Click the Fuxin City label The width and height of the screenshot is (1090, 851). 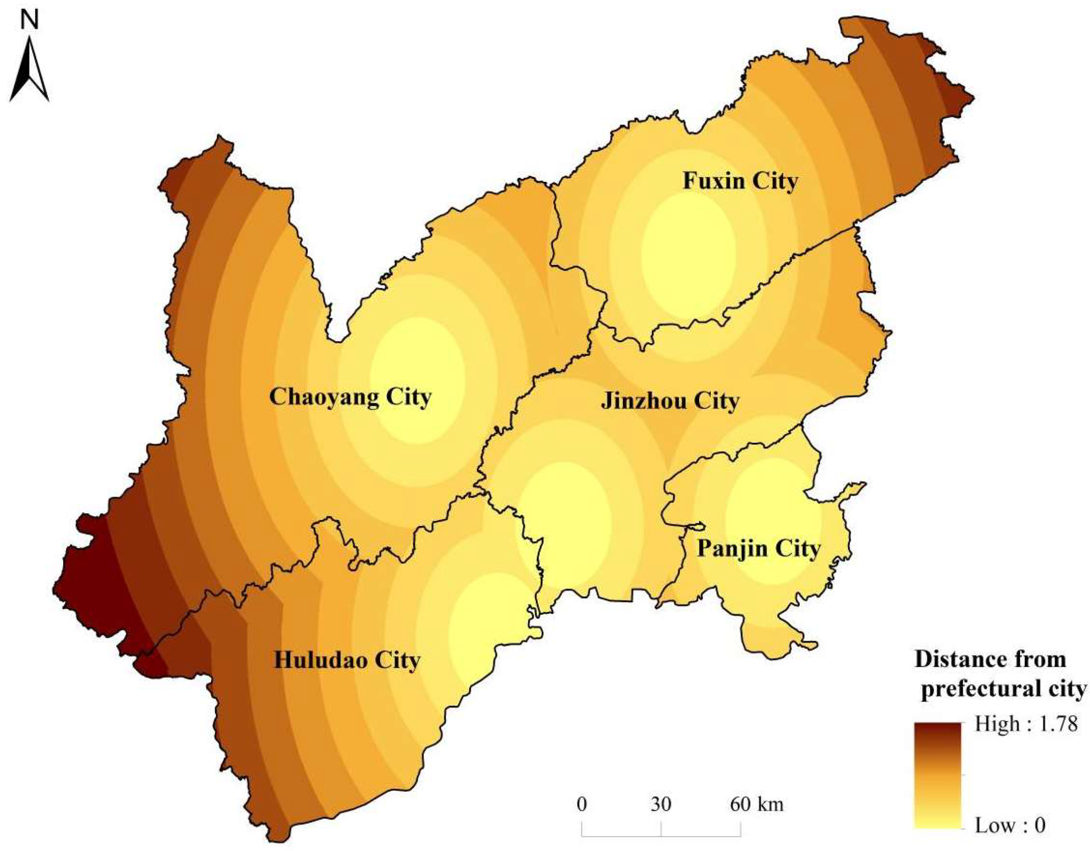[740, 182]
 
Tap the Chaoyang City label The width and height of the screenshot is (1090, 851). [351, 398]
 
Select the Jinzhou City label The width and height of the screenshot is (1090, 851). [670, 401]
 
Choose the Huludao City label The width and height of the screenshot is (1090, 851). [347, 661]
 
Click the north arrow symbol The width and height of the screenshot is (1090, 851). [30, 70]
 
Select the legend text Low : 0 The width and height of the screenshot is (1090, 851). [1010, 826]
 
